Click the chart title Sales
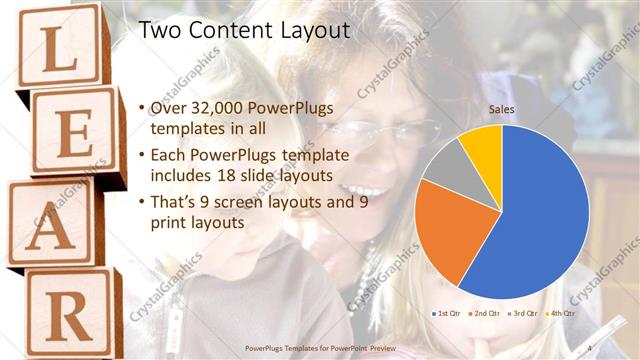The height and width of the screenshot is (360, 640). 501,109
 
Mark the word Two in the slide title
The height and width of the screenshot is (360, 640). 157,31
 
